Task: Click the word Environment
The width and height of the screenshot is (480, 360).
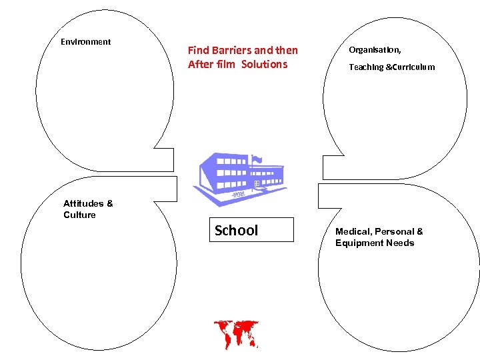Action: (x=85, y=42)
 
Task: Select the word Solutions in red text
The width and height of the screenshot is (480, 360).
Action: (x=265, y=65)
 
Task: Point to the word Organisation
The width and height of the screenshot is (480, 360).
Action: (x=375, y=50)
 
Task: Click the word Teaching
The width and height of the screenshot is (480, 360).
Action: (x=366, y=67)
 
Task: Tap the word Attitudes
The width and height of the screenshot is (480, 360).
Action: (x=83, y=203)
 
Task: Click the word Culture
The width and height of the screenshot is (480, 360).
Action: (x=79, y=215)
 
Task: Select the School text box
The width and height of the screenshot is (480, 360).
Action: (x=251, y=230)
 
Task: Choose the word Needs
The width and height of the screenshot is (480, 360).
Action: (x=399, y=243)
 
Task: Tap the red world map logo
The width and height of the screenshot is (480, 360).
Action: (x=235, y=333)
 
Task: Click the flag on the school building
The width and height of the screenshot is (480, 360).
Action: (x=257, y=159)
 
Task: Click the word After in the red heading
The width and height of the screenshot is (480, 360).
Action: (x=200, y=65)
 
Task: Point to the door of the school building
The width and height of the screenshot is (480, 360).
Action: (x=257, y=184)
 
